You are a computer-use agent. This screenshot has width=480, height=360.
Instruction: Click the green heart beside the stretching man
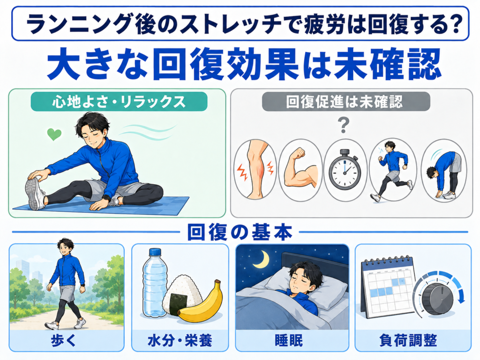[x=54, y=134]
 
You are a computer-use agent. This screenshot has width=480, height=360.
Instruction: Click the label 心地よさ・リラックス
[x=119, y=102]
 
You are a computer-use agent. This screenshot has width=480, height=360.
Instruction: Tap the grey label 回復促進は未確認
[x=344, y=102]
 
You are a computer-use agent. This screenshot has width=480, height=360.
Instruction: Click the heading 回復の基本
[x=240, y=233]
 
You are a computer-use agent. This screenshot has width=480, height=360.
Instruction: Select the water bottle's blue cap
[x=155, y=252]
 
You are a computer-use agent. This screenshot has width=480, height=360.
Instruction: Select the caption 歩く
[x=63, y=340]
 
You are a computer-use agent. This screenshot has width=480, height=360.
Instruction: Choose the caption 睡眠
[x=289, y=340]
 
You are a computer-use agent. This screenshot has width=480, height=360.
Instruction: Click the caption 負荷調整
[x=408, y=340]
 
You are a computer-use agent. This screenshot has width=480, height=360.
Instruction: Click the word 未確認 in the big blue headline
[x=387, y=65]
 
